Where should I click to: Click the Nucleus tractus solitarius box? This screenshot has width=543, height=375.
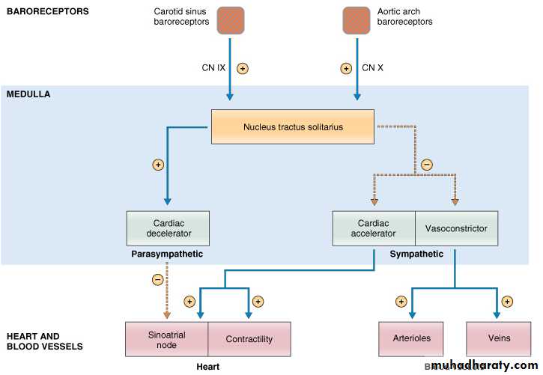click(293, 127)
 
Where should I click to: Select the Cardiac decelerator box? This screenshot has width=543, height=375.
click(169, 228)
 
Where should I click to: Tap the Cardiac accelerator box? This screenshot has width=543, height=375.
click(373, 228)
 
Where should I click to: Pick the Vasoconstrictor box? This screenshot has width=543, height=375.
click(456, 228)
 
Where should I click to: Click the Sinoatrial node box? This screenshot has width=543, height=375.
click(166, 340)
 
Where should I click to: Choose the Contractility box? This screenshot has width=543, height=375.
click(249, 340)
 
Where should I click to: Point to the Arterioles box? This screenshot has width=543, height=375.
click(412, 338)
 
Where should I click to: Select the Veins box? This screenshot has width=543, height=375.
click(499, 338)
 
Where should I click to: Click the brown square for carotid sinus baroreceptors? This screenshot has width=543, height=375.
click(231, 20)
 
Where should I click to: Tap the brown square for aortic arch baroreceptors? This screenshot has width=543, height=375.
click(357, 20)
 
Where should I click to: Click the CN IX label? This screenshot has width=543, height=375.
click(213, 68)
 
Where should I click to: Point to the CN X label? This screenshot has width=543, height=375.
click(372, 68)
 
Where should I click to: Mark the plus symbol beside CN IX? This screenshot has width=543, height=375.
click(242, 68)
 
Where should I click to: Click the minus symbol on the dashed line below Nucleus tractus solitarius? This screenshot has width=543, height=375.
click(427, 165)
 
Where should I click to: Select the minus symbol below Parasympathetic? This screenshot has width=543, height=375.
click(157, 280)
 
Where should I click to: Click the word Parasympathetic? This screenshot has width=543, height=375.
click(166, 254)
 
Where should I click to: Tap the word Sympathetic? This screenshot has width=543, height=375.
click(416, 254)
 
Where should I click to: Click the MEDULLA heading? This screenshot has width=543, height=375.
click(28, 94)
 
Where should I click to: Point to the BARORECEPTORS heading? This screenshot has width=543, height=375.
click(47, 11)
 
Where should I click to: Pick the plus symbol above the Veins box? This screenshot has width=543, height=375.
click(507, 302)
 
